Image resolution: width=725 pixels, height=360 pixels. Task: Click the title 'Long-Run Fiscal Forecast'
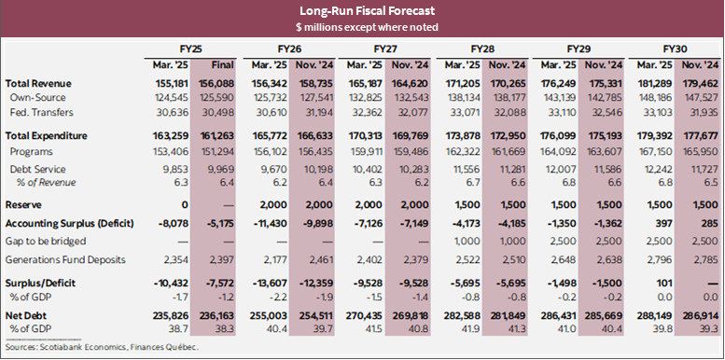tap(361, 11)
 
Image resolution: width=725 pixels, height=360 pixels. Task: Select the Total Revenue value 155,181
tap(170, 84)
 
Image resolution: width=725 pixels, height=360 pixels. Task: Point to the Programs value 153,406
tap(170, 149)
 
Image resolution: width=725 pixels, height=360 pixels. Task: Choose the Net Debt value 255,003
tap(266, 315)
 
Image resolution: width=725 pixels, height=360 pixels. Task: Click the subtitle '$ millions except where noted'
tap(361, 27)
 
